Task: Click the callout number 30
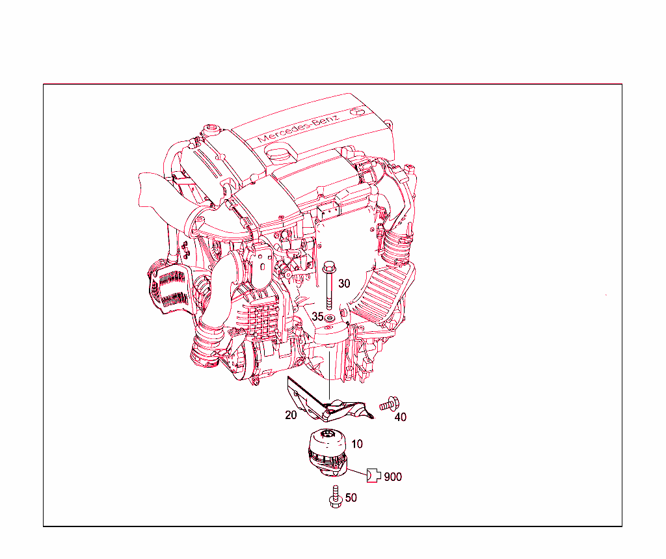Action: pyautogui.click(x=344, y=284)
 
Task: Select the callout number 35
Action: pyautogui.click(x=317, y=316)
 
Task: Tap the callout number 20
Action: pyautogui.click(x=291, y=415)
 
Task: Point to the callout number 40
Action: pyautogui.click(x=401, y=416)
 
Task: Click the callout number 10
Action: pyautogui.click(x=357, y=444)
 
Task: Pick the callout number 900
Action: pyautogui.click(x=393, y=477)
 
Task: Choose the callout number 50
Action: pyautogui.click(x=351, y=498)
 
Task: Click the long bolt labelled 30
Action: pyautogui.click(x=329, y=286)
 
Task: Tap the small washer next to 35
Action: pyautogui.click(x=330, y=318)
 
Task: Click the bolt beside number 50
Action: pyautogui.click(x=336, y=495)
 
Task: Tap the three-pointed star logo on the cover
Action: pyautogui.click(x=356, y=111)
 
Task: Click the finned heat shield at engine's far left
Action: pyautogui.click(x=166, y=286)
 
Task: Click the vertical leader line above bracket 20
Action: pyautogui.click(x=329, y=374)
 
